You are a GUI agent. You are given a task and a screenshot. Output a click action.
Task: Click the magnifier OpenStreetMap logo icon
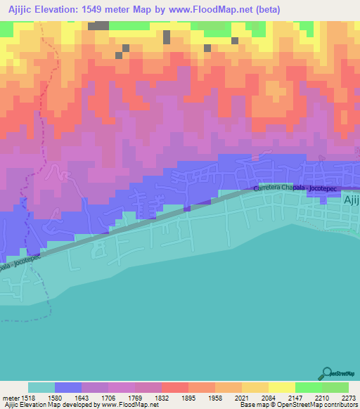(326, 373)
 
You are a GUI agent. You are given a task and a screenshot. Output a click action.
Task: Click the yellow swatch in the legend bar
(282, 387)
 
